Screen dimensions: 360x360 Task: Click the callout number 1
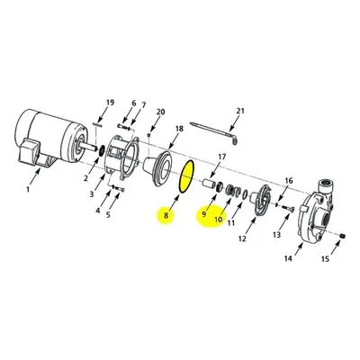click(28, 190)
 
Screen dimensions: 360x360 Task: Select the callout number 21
click(240, 111)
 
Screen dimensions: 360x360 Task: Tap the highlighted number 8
click(166, 215)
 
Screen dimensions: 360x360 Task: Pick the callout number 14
click(288, 258)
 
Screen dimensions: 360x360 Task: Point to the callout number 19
click(110, 103)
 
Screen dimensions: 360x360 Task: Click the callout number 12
click(242, 238)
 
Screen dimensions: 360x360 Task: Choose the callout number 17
click(221, 157)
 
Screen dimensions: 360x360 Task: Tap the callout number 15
click(325, 258)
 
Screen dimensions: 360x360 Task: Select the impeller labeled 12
click(260, 200)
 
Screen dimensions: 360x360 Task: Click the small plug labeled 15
click(343, 237)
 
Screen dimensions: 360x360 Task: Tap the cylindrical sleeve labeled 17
click(208, 184)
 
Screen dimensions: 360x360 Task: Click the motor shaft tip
click(96, 148)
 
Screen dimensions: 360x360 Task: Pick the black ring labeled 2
click(102, 150)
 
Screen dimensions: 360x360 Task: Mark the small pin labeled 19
click(98, 125)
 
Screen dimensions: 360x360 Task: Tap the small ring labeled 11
click(245, 194)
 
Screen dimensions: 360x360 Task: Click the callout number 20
click(160, 112)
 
